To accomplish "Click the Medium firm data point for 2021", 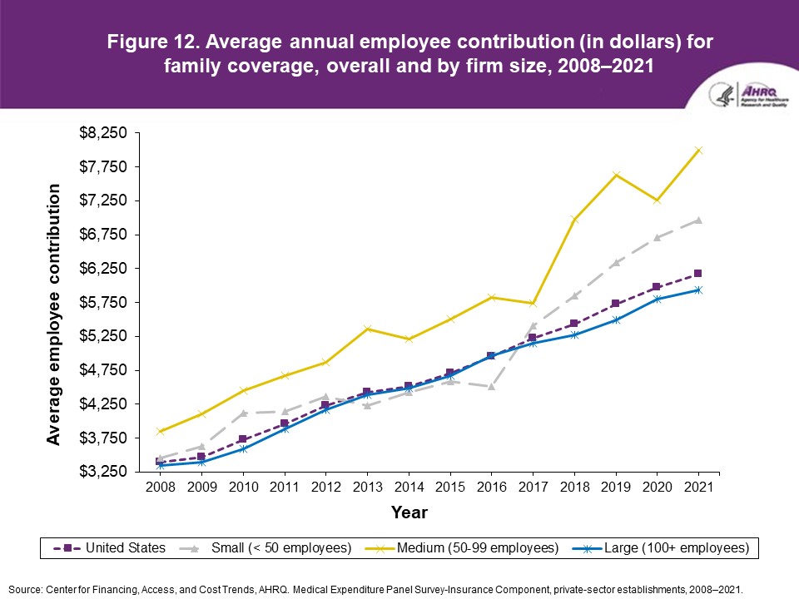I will (699, 151).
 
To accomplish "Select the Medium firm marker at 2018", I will (574, 220).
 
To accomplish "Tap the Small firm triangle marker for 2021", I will (699, 220).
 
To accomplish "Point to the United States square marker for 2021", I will (698, 274).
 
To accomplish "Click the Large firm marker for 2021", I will (699, 290).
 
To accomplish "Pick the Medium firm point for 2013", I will (367, 329).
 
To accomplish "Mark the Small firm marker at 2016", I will (491, 387).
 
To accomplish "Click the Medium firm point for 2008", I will (160, 432).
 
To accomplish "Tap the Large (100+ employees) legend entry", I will (667, 547).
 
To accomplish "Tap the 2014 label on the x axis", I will (409, 487).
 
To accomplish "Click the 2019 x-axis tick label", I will (616, 487).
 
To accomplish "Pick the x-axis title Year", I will (409, 512).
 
